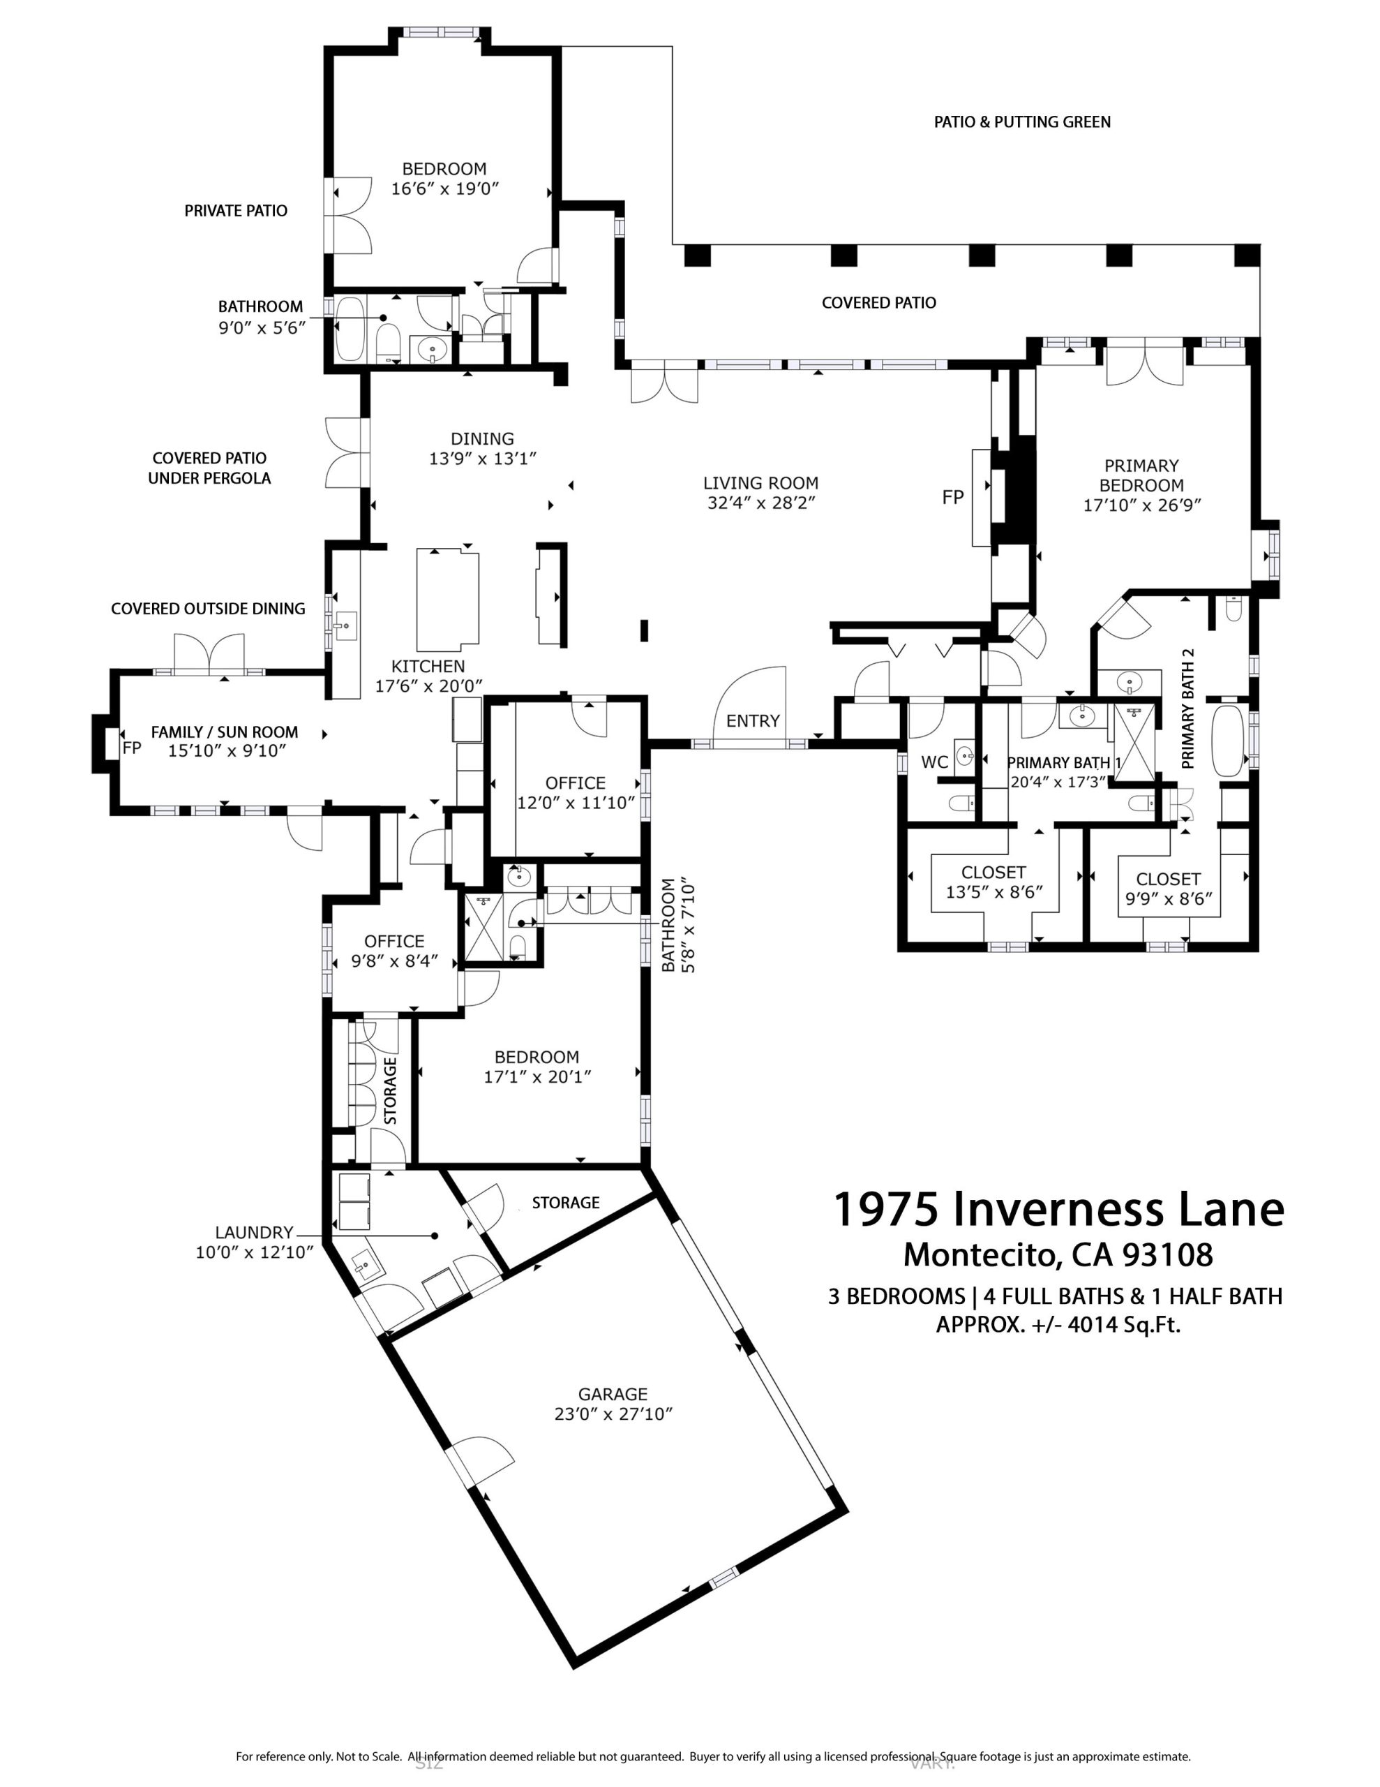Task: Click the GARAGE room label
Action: [613, 1393]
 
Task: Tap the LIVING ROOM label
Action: [760, 483]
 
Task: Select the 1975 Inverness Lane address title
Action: [1058, 1209]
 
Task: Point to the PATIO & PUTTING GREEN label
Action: [1023, 122]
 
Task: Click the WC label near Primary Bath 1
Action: [934, 762]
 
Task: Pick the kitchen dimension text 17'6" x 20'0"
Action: [428, 685]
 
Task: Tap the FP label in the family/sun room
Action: [132, 747]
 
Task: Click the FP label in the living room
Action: [953, 497]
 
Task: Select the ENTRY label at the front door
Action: [753, 721]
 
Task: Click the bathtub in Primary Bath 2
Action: [1227, 740]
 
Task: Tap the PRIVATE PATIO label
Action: [236, 211]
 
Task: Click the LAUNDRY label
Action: [253, 1232]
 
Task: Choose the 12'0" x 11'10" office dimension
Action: [576, 803]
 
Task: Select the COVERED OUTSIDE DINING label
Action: [208, 609]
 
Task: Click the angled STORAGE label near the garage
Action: [565, 1203]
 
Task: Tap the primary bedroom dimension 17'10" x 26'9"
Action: [1142, 505]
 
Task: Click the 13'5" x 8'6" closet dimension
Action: [994, 892]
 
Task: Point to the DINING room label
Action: [483, 438]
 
